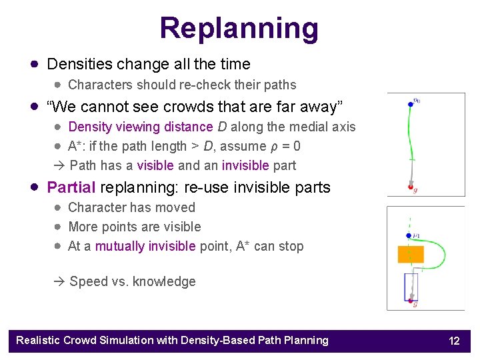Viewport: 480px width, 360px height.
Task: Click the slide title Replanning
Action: [x=239, y=29]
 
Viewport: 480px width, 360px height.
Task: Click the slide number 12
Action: [x=454, y=341]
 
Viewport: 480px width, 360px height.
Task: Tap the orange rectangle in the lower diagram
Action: [x=411, y=255]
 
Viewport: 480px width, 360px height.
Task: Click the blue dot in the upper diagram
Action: [x=409, y=103]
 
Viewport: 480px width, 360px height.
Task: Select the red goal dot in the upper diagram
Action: [x=411, y=187]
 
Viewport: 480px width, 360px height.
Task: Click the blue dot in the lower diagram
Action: [x=408, y=235]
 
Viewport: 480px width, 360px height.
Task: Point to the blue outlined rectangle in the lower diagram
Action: [x=411, y=287]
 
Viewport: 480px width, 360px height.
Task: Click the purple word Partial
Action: [x=71, y=188]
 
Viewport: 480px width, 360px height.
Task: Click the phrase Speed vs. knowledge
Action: [x=132, y=281]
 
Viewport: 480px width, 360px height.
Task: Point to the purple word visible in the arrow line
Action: [x=155, y=165]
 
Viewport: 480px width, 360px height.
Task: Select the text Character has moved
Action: [x=131, y=207]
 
